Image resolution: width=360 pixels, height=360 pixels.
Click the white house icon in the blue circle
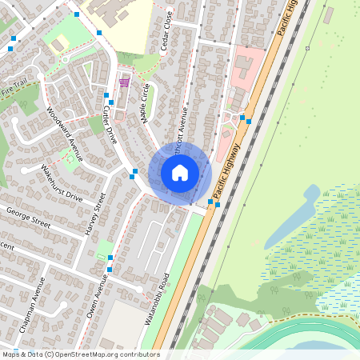pyautogui.click(x=180, y=173)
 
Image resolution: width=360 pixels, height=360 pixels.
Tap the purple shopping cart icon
pyautogui.click(x=124, y=82)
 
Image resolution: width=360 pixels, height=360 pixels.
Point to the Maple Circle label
pyautogui.click(x=145, y=103)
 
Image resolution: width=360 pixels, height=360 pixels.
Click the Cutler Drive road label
pyautogui.click(x=110, y=126)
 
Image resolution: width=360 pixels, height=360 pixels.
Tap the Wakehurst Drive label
pyautogui.click(x=62, y=185)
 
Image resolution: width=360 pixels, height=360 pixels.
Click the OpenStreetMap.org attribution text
pyautogui.click(x=80, y=354)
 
